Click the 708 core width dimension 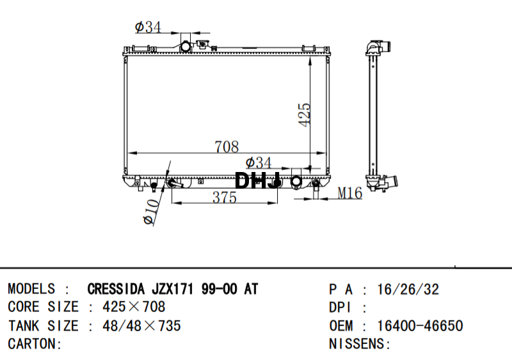click(x=227, y=146)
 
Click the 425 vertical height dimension click(x=305, y=114)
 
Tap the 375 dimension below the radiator click(x=225, y=198)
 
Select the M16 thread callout click(x=349, y=193)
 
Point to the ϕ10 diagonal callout click(x=152, y=212)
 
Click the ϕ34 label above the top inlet click(x=148, y=27)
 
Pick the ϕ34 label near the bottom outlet click(x=259, y=162)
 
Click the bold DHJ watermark click(x=257, y=180)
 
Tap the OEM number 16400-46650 click(x=420, y=325)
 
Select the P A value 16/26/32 click(x=408, y=289)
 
